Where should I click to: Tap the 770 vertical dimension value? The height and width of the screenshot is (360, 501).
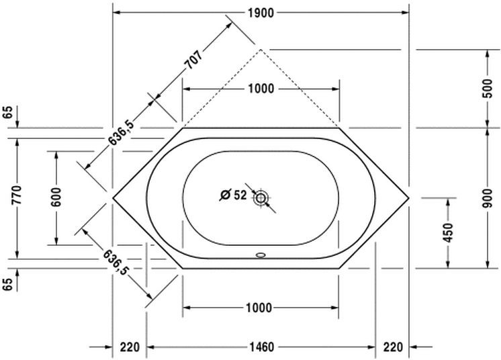pyautogui.click(x=19, y=196)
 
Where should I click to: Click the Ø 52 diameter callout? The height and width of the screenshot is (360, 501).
pyautogui.click(x=234, y=195)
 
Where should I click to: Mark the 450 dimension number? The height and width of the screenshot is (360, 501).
pyautogui.click(x=449, y=232)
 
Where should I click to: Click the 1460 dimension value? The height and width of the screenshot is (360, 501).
pyautogui.click(x=261, y=347)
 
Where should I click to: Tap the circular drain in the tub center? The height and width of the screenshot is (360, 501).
pyautogui.click(x=261, y=197)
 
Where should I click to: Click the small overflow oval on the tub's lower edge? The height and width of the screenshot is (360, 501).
pyautogui.click(x=261, y=255)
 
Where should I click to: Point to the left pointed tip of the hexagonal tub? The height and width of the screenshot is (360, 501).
pyautogui.click(x=113, y=197)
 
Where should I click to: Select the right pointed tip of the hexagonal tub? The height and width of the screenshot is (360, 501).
pyautogui.click(x=408, y=197)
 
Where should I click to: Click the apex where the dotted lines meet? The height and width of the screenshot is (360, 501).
pyautogui.click(x=261, y=49)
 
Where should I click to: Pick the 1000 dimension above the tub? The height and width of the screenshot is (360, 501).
pyautogui.click(x=261, y=89)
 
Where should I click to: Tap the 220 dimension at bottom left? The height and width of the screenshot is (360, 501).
pyautogui.click(x=130, y=347)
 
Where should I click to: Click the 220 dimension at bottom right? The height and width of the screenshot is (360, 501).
pyautogui.click(x=393, y=347)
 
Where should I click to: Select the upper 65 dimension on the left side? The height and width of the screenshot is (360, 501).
pyautogui.click(x=8, y=112)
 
